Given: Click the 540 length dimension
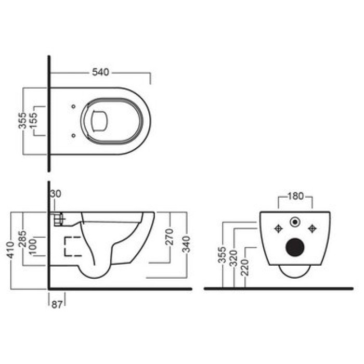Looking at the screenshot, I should click(100, 72).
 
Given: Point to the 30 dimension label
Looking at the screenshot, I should click(56, 193).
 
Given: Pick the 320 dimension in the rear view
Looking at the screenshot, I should click(234, 259).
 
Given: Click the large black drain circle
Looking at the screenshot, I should click(295, 248).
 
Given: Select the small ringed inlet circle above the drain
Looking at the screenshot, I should click(295, 223).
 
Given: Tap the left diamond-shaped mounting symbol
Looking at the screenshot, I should click(278, 228).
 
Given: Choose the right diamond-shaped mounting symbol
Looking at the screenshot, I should click(312, 228).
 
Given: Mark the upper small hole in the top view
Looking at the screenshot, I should click(73, 107).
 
